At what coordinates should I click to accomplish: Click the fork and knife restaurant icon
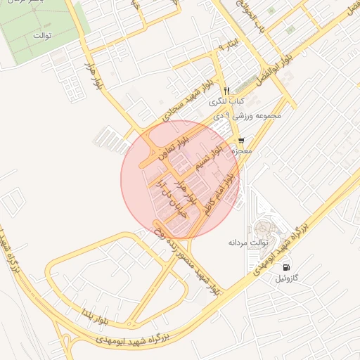pyautogui.click(x=226, y=91)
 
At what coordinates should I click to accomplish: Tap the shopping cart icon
pyautogui.click(x=242, y=141)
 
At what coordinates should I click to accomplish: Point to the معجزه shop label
pyautogui.click(x=250, y=150)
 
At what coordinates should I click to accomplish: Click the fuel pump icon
pyautogui.click(x=287, y=267)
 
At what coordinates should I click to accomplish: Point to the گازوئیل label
pyautogui.click(x=290, y=278)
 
